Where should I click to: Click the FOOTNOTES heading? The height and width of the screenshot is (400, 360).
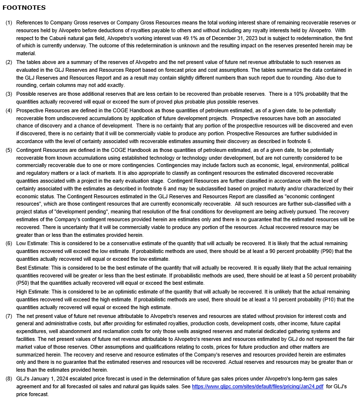[x=24, y=8]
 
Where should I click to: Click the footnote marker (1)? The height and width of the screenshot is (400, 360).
[x=9, y=23]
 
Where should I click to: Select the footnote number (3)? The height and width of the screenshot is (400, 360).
[x=9, y=94]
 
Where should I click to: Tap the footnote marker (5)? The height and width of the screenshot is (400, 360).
[x=9, y=150]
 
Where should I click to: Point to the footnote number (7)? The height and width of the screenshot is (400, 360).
[x=9, y=316]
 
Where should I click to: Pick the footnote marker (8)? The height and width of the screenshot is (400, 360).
[x=9, y=379]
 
